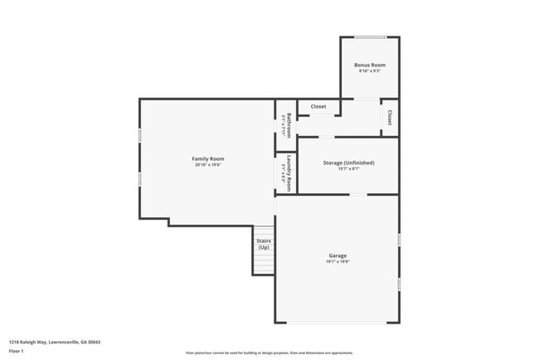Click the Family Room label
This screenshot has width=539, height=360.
208,158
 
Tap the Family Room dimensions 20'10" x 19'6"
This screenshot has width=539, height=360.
208,165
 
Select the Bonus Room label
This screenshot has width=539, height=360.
370,65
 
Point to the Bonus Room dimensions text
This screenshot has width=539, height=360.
370,71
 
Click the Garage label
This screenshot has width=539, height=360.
337,255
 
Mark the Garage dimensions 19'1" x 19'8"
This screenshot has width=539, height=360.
337,262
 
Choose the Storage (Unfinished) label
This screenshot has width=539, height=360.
348,163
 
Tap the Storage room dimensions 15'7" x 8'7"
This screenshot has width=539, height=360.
348,169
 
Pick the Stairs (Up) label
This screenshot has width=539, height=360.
264,244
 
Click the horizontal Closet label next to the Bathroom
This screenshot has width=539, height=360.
318,106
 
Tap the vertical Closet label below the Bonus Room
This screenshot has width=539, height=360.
390,117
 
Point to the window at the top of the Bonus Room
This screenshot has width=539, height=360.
370,36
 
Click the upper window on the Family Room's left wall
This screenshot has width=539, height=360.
139,134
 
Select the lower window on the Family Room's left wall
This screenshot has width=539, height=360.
139,178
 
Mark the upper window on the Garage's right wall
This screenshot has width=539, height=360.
399,240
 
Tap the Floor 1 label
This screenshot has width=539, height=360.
17,351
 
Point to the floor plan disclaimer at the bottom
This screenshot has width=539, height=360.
269,353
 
